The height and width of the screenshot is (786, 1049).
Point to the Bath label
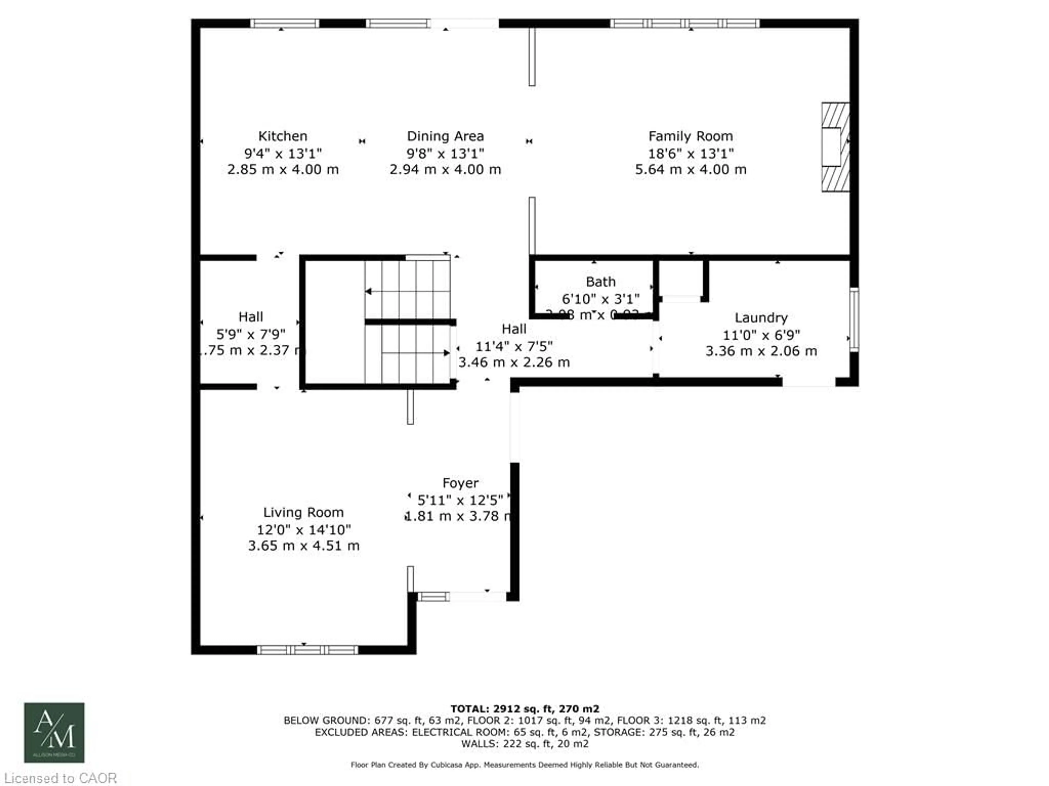[600, 282]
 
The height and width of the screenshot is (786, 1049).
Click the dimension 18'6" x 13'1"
[691, 153]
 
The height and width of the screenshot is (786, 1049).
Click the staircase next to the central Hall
[407, 322]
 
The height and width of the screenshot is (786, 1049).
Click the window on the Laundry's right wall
[854, 320]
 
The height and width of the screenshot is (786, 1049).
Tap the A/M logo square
[54, 733]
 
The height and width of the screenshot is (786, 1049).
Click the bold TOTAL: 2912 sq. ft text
[524, 709]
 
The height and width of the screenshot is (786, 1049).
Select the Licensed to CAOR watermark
[60, 778]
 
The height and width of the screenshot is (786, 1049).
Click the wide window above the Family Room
[684, 23]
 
